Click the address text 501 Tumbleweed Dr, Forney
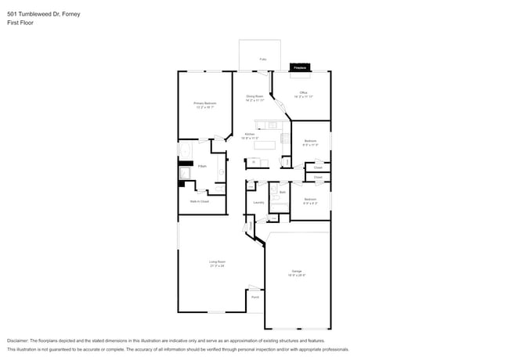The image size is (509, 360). click(x=43, y=14)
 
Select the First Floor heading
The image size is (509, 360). click(x=20, y=23)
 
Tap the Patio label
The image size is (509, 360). click(x=262, y=59)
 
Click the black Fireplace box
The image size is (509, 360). click(x=299, y=69)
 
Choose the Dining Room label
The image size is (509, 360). click(x=254, y=96)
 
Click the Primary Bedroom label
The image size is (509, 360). click(x=205, y=103)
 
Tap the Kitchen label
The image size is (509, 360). click(x=249, y=134)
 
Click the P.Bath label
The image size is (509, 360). click(x=202, y=167)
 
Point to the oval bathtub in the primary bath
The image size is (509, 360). click(x=186, y=151)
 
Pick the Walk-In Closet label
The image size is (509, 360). click(x=199, y=201)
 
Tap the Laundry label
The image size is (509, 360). click(x=258, y=202)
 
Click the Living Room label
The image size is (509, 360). click(x=217, y=261)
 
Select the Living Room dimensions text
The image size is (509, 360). click(x=217, y=266)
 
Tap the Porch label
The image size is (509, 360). click(x=255, y=297)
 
